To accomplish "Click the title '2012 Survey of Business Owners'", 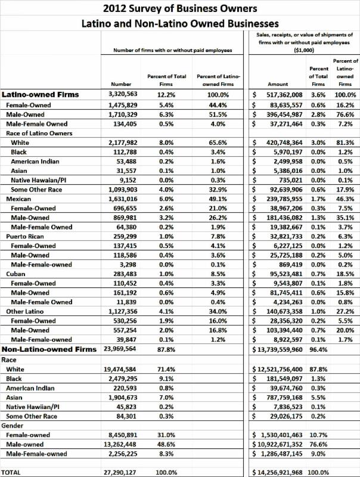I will (x=180, y=8).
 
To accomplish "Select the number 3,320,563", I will (x=122, y=94).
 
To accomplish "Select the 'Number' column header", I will (x=122, y=84).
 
